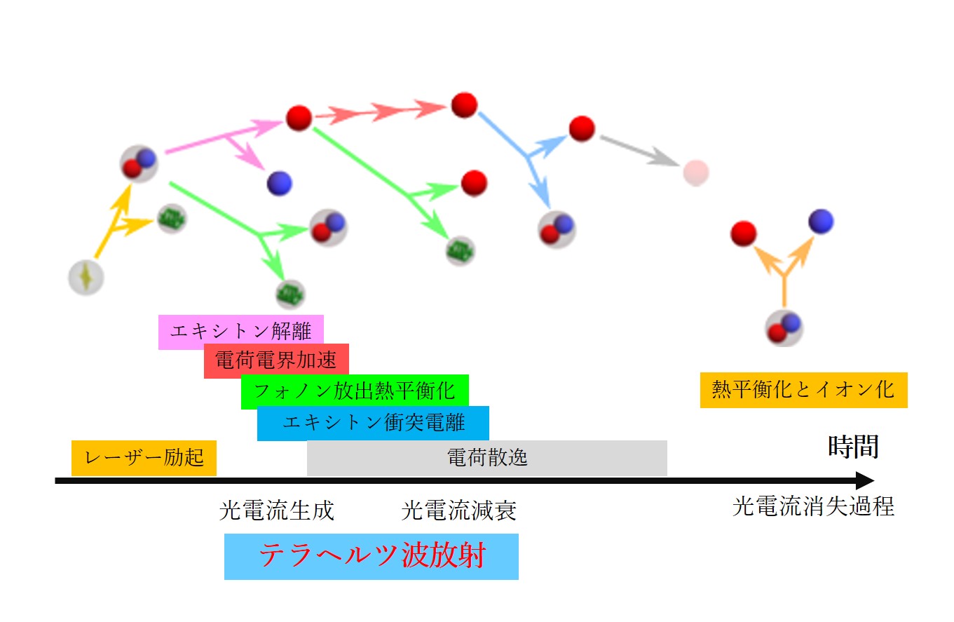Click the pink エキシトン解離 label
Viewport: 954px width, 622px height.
point(240,332)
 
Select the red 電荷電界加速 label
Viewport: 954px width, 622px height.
point(275,361)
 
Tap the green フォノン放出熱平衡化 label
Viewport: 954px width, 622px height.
point(354,391)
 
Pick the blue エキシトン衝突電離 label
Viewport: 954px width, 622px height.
point(372,423)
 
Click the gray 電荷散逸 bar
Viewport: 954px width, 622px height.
point(486,458)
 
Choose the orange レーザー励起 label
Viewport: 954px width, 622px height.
point(144,458)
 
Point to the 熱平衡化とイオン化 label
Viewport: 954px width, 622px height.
point(803,389)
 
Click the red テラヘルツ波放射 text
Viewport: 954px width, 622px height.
point(372,557)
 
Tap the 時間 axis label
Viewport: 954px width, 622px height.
point(853,446)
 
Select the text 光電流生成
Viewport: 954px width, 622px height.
point(277,511)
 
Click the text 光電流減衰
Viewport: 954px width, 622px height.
point(459,511)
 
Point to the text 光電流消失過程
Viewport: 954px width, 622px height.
point(813,506)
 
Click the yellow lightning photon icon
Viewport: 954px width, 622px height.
point(86,278)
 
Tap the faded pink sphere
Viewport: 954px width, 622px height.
point(696,172)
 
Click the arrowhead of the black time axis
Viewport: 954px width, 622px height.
point(866,481)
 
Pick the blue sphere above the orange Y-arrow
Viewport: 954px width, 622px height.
point(821,222)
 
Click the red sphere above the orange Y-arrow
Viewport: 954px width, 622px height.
point(743,234)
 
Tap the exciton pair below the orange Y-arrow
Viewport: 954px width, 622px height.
point(784,327)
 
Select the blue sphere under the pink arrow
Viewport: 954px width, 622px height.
point(279,184)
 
